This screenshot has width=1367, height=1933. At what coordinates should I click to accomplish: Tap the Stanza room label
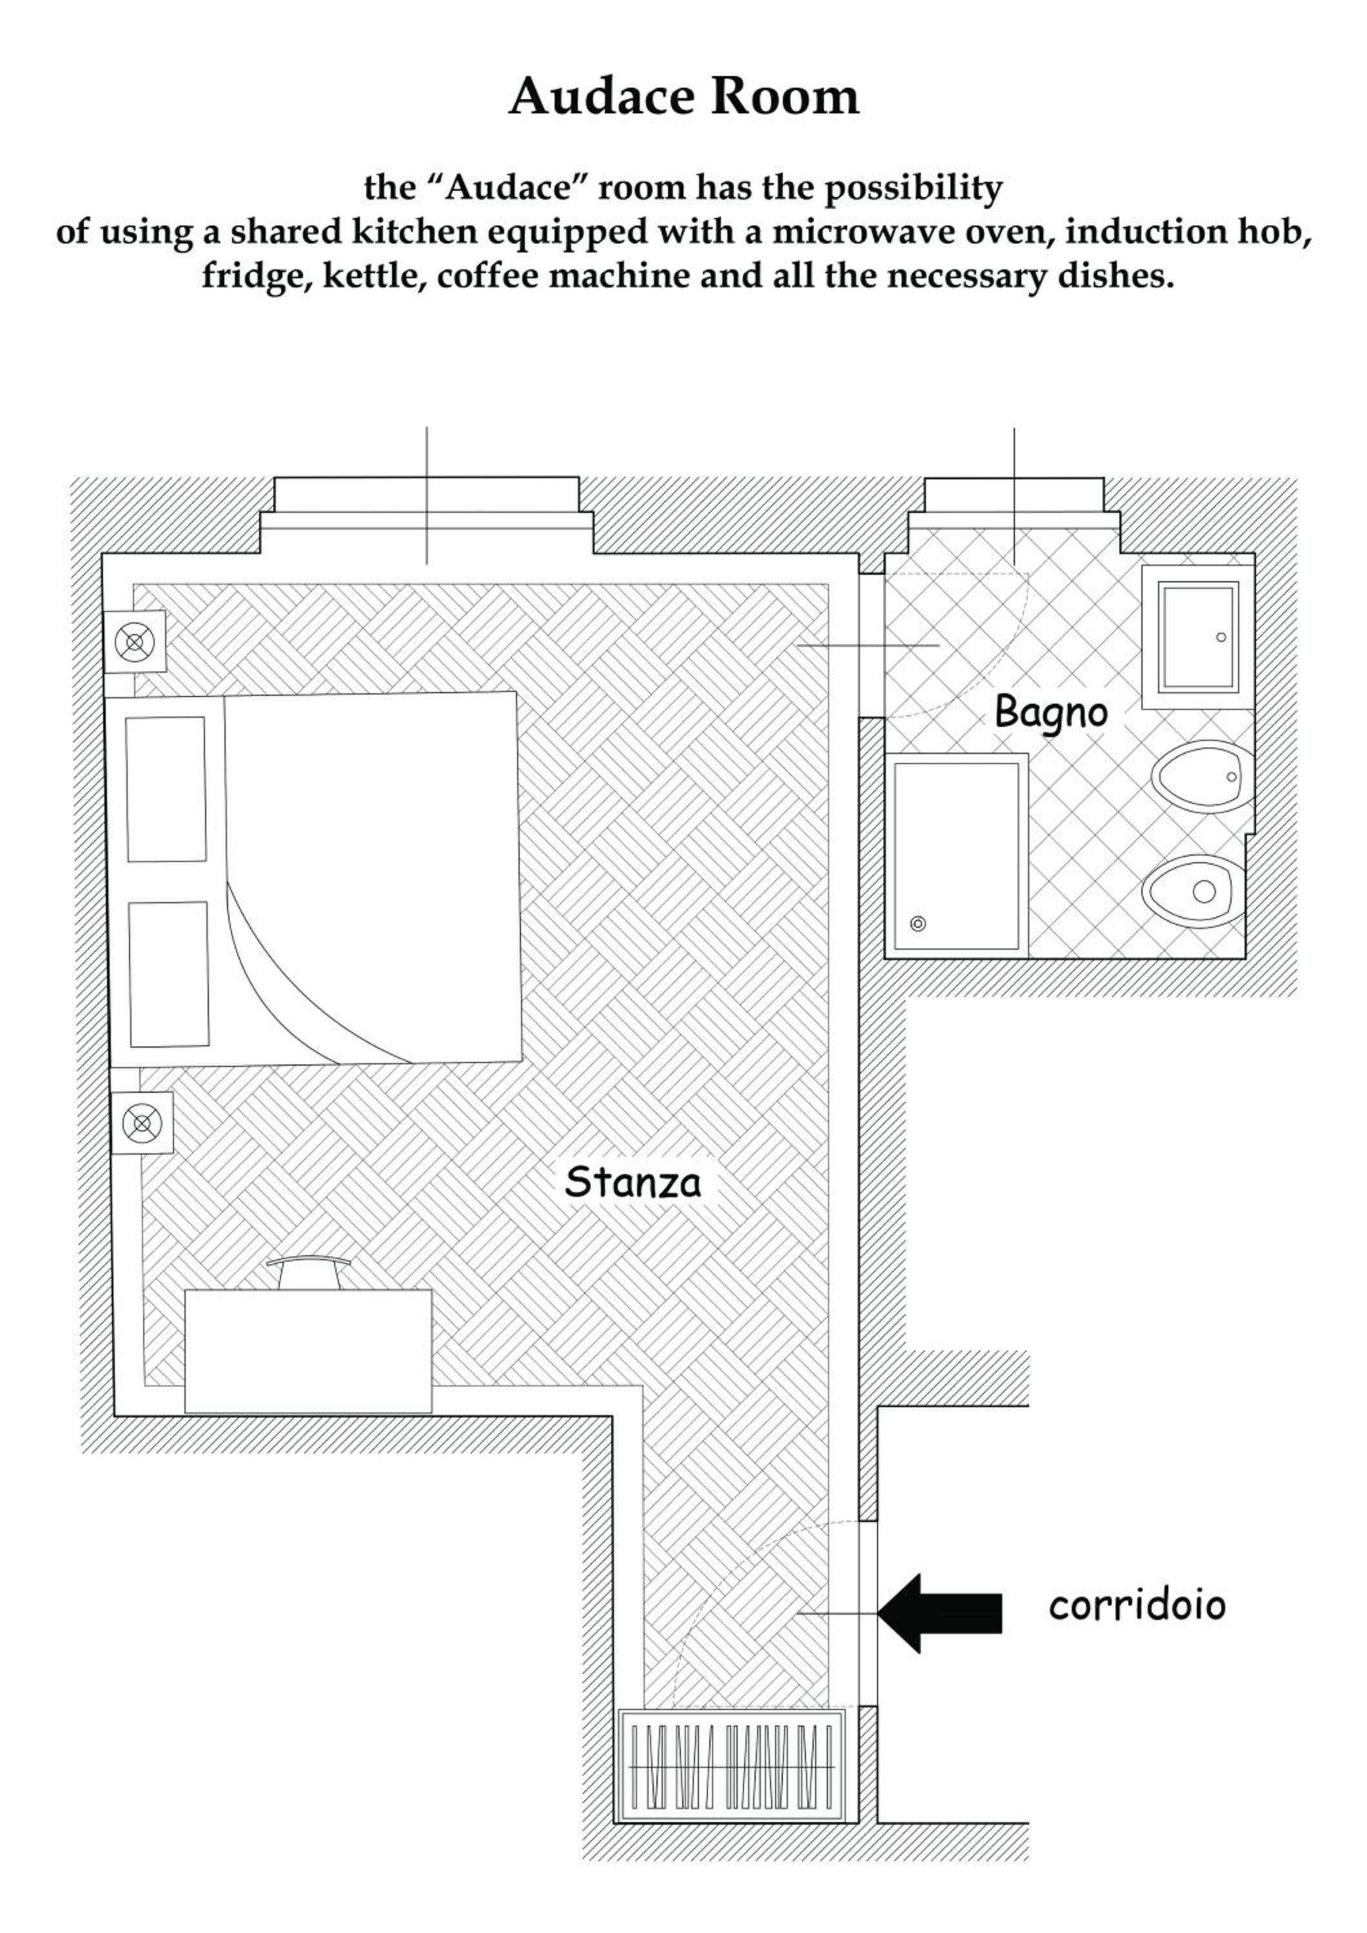pos(633,1182)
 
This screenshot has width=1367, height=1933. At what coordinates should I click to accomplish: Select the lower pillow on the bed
pos(168,974)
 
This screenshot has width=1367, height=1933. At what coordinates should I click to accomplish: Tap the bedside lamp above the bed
pos(134,642)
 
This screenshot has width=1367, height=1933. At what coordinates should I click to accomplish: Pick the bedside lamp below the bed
pos(143,1123)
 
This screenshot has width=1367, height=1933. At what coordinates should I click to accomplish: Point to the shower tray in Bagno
pos(956,856)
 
